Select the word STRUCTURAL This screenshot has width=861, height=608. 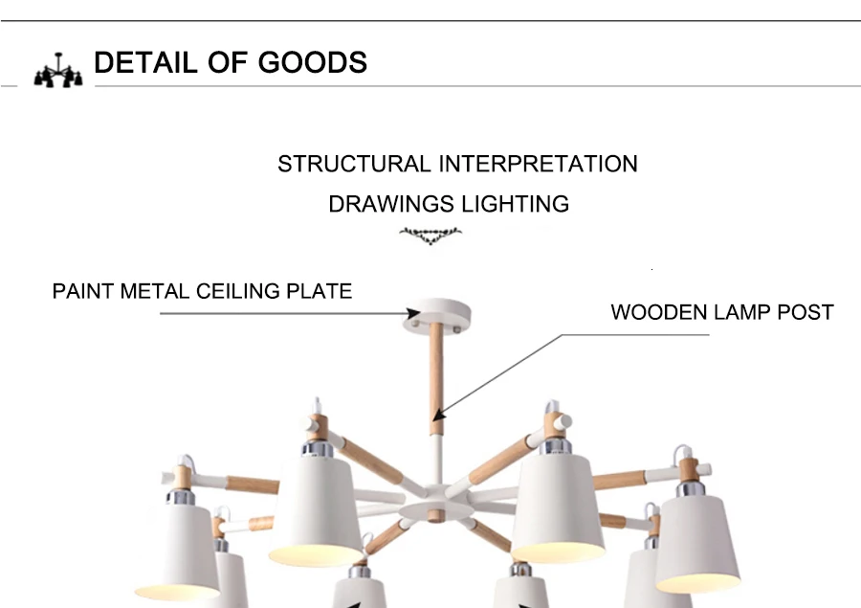(x=354, y=164)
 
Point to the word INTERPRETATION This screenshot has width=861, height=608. (x=538, y=164)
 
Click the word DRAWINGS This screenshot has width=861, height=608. (x=391, y=204)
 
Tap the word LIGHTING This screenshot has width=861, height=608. (x=515, y=204)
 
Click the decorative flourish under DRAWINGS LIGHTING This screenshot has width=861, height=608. (x=430, y=233)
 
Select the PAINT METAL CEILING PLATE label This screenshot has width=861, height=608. (x=202, y=291)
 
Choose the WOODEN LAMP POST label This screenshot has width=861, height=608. (x=722, y=312)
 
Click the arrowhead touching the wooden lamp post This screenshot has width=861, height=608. (x=437, y=415)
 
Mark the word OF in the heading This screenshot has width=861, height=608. (x=225, y=63)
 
